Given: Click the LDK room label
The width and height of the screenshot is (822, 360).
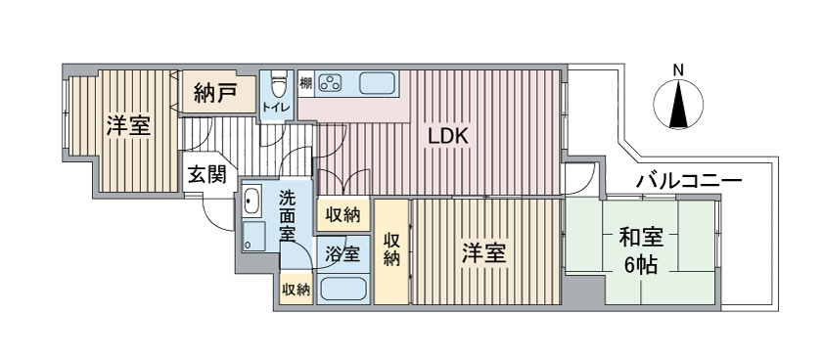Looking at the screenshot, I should pos(449,137).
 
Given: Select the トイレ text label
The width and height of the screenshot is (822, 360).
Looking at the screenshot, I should pos(274,107).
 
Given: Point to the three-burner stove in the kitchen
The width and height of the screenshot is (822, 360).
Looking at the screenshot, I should pos(332,82).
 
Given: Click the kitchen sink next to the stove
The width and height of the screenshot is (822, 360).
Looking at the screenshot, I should pos(376,82).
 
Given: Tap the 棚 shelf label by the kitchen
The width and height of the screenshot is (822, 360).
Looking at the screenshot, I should pos(305,82).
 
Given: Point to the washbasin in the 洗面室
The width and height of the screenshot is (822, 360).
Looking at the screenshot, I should pos(251,202).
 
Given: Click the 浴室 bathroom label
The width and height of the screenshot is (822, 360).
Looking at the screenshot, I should pos(342,253).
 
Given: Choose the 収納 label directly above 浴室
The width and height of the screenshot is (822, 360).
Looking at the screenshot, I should pos(342,214).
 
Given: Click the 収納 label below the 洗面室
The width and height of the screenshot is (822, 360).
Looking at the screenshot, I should pos(296,290).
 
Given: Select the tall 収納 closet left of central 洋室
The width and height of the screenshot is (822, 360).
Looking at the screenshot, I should pos(391,248).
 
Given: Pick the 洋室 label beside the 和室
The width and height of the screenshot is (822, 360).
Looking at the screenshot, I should pos(484,252).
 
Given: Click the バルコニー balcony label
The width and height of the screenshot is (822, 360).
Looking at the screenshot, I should pos(689,181).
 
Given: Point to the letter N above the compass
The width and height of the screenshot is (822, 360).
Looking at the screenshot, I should pos(678,69).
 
